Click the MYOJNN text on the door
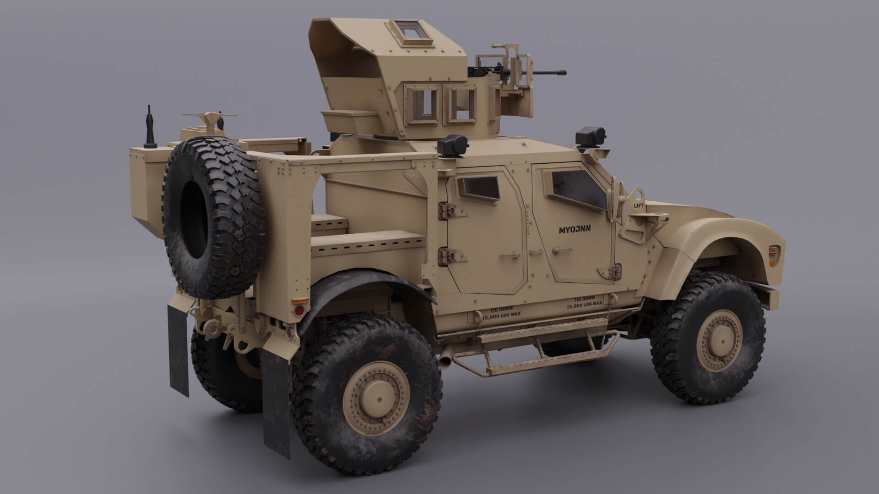[575, 230]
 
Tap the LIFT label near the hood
[639, 206]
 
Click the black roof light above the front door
[590, 136]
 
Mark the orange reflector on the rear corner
[300, 301]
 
